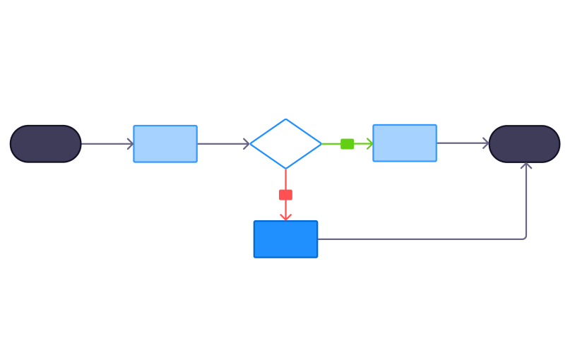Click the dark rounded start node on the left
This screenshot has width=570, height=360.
(x=45, y=144)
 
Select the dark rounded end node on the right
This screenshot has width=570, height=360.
(x=524, y=144)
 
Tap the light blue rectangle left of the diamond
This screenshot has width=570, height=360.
(x=165, y=144)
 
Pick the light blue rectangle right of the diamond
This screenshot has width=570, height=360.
(x=405, y=143)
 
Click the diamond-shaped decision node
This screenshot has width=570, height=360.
(x=285, y=144)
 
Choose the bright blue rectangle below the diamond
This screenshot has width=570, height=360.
(x=285, y=239)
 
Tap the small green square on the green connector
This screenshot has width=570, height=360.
(x=348, y=144)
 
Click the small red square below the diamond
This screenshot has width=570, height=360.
(x=285, y=195)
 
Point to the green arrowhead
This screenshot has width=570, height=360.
(x=369, y=144)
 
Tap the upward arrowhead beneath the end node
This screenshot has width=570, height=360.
(x=526, y=166)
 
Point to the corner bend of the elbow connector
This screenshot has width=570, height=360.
(x=526, y=239)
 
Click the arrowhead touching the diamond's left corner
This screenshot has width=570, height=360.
(x=247, y=144)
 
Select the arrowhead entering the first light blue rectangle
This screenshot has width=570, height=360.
(x=130, y=144)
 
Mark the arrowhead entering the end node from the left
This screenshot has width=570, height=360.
(x=485, y=143)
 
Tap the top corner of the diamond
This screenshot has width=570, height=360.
(x=285, y=119)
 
